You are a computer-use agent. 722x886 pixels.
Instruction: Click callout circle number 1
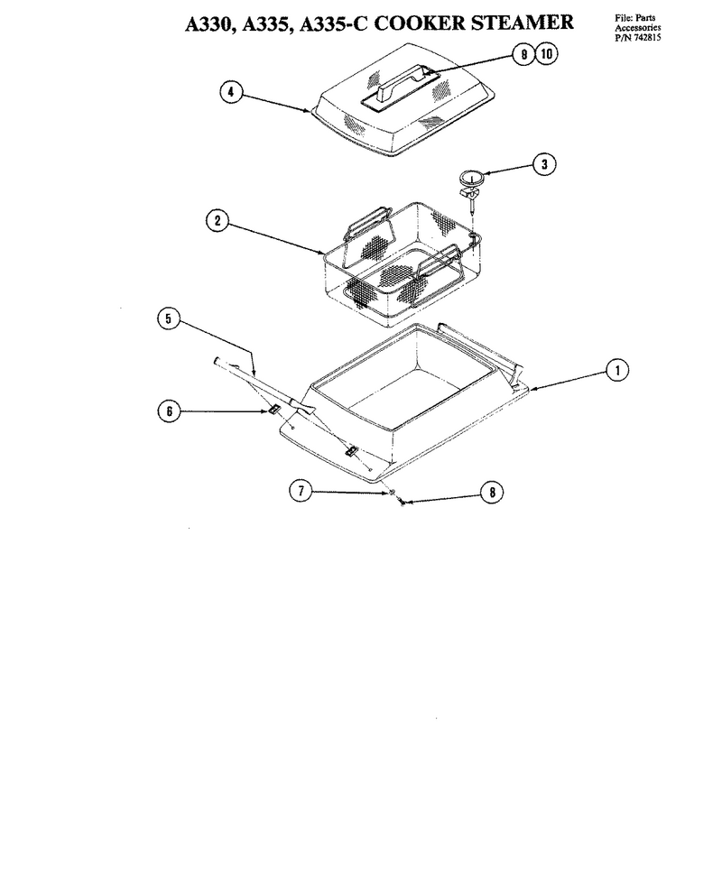pyautogui.click(x=617, y=370)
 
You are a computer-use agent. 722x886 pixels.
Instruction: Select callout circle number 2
pyautogui.click(x=218, y=220)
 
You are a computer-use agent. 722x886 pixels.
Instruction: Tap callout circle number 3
pyautogui.click(x=544, y=164)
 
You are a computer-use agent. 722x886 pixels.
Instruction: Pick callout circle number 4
pyautogui.click(x=231, y=92)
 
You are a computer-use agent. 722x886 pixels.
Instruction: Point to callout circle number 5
pyautogui.click(x=168, y=318)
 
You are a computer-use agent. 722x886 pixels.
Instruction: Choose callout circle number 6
pyautogui.click(x=169, y=411)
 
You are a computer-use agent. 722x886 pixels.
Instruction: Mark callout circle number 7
pyautogui.click(x=301, y=491)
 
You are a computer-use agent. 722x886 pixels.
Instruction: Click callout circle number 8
pyautogui.click(x=492, y=492)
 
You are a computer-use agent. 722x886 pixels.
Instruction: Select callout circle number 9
pyautogui.click(x=524, y=54)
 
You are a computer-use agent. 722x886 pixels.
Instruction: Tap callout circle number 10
pyautogui.click(x=546, y=53)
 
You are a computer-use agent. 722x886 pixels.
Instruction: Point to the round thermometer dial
pyautogui.click(x=472, y=179)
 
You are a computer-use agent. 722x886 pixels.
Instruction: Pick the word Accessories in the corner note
pyautogui.click(x=638, y=28)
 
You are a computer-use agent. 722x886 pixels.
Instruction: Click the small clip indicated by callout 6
pyautogui.click(x=274, y=409)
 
